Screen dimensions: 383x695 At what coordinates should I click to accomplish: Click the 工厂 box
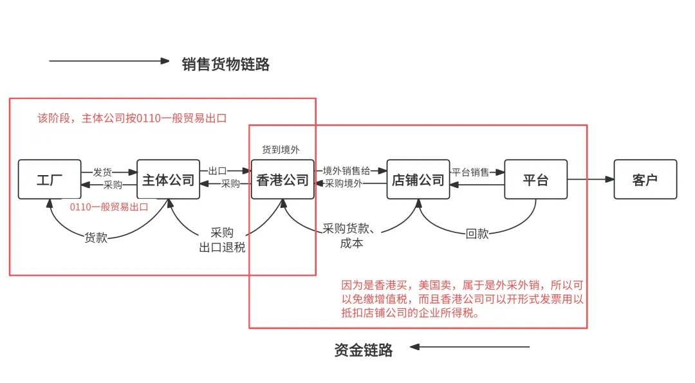click(50, 180)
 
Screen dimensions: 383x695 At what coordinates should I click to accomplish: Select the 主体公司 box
click(169, 180)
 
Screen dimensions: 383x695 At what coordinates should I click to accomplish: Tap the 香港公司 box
click(283, 180)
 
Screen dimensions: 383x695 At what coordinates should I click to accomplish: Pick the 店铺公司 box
click(418, 180)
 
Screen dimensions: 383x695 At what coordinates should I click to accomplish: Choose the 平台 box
click(535, 180)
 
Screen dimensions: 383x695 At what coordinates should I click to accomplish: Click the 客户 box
click(645, 180)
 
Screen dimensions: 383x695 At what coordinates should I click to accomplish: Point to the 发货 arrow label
click(103, 172)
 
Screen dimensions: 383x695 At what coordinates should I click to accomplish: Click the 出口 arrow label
click(218, 171)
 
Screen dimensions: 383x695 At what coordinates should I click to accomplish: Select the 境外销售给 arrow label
click(346, 171)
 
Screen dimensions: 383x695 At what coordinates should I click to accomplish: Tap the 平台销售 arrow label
click(470, 172)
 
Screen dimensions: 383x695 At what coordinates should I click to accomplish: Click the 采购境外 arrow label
click(344, 183)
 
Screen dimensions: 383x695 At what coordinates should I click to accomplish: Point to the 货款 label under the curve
click(96, 238)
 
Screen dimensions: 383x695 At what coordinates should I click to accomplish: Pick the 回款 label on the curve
click(477, 234)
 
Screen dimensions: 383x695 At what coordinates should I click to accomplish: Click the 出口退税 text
click(222, 247)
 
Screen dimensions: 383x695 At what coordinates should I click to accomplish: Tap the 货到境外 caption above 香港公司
click(281, 150)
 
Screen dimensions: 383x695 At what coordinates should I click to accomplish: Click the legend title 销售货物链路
click(226, 64)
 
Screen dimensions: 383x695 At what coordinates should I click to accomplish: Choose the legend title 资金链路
click(364, 350)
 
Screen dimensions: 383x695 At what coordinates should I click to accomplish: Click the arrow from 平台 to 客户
click(590, 180)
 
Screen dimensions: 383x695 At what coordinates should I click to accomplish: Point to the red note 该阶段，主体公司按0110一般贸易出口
click(132, 118)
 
